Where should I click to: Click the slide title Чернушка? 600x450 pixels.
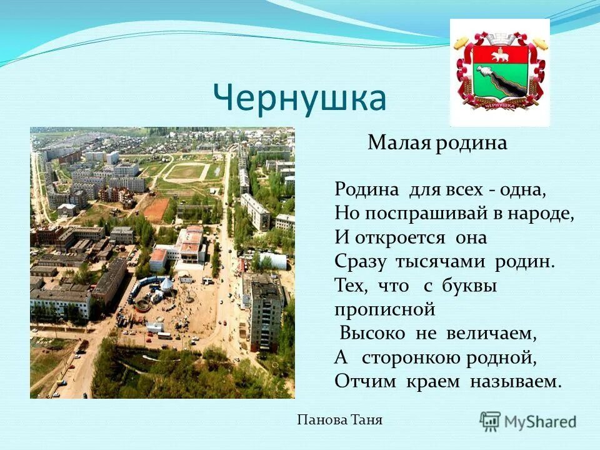[299, 98]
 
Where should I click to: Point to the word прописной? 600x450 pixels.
[384, 309]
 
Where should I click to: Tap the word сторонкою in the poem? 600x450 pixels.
[425, 357]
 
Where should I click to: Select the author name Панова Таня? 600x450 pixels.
[340, 421]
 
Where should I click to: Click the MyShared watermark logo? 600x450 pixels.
[528, 421]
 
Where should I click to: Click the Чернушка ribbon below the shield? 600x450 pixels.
[499, 107]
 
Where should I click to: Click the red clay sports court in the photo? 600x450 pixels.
[156, 210]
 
